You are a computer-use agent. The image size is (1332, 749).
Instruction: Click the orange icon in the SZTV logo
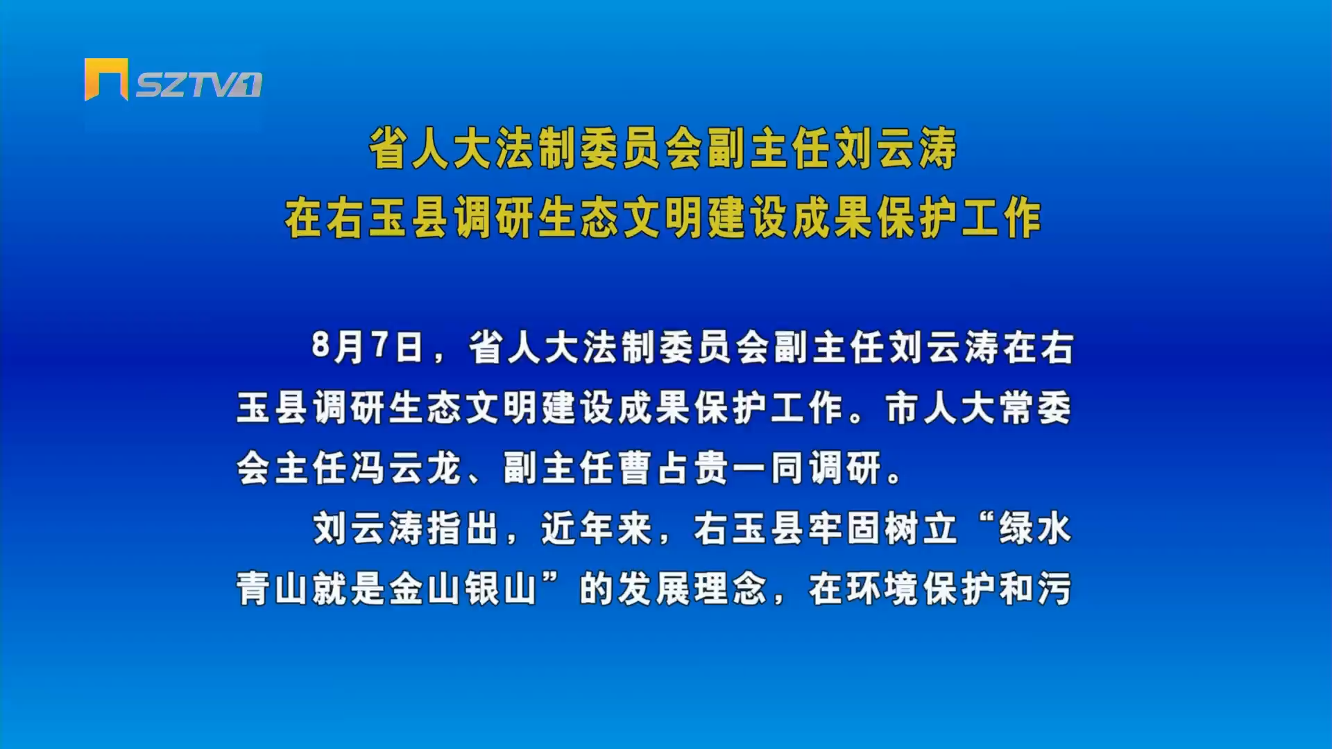[x=106, y=79]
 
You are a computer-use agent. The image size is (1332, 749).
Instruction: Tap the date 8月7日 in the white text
[x=367, y=347]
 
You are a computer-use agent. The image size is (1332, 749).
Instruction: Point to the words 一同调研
[x=808, y=468]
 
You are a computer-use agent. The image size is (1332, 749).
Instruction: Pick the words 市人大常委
[x=978, y=408]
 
